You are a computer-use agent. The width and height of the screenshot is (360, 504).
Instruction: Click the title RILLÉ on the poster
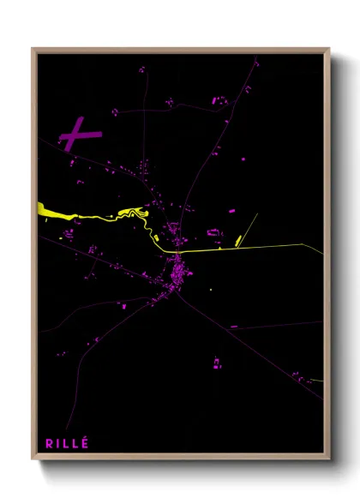click(x=67, y=443)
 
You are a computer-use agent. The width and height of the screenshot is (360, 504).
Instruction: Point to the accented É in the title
click(x=85, y=442)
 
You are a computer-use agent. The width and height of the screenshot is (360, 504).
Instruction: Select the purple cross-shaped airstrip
click(x=79, y=134)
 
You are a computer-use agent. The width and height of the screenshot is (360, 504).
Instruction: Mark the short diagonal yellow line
click(x=247, y=226)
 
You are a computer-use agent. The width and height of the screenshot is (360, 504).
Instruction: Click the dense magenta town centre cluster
click(x=180, y=273)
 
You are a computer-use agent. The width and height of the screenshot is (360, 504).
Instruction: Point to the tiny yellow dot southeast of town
click(x=211, y=290)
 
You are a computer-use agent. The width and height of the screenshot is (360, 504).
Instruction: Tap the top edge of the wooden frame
click(x=180, y=49)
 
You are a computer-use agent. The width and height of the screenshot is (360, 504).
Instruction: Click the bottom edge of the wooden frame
click(x=180, y=458)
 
